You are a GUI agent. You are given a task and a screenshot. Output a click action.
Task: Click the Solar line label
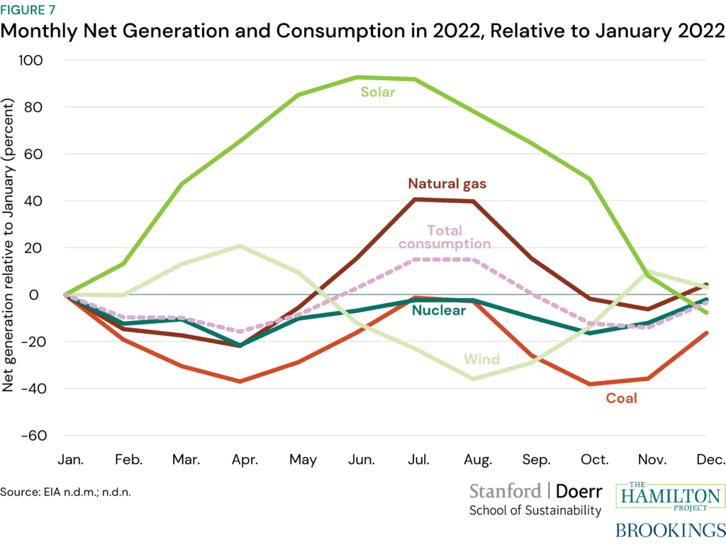pos(377,92)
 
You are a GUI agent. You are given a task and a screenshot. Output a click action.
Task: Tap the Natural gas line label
pos(447,184)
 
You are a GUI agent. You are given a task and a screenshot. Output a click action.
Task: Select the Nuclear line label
pos(439,310)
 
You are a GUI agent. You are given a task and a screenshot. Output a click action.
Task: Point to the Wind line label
pos(481,359)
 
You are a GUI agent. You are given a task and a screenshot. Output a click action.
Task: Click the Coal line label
pos(621,398)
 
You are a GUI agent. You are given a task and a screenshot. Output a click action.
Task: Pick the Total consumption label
pos(445,237)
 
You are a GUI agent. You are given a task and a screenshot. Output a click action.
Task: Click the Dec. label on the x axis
pos(709,460)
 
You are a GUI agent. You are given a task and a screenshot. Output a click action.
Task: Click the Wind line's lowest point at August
pos(474,379)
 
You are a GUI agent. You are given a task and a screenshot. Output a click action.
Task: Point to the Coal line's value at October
pos(590,384)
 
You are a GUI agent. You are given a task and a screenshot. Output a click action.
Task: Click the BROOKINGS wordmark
pos(670,530)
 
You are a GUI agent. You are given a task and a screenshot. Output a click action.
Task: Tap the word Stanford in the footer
pos(504,491)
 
